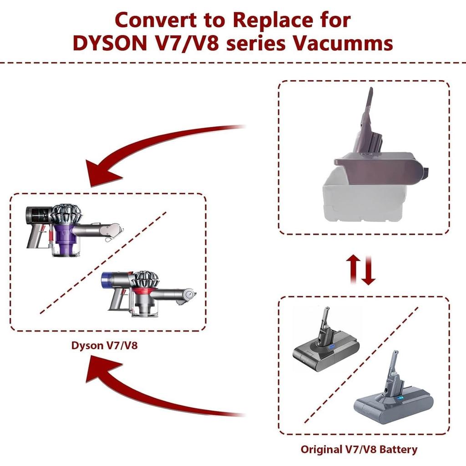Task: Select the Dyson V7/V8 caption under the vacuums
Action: point(104,345)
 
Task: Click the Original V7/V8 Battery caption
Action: point(359,450)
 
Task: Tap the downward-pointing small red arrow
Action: point(369,270)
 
